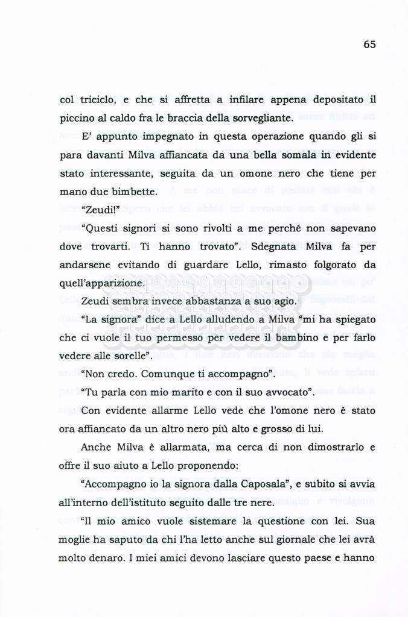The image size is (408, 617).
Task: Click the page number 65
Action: coord(370,44)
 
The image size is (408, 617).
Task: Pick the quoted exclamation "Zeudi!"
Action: coord(100,210)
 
